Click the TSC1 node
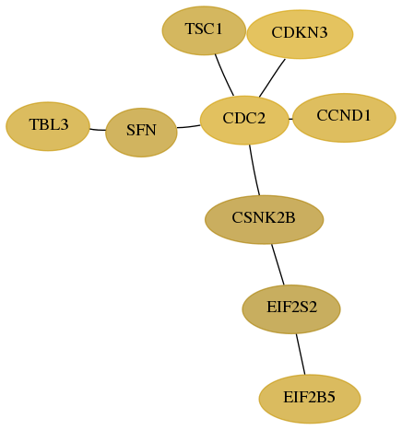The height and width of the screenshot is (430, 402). tap(204, 30)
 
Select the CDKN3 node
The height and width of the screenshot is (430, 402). tap(300, 34)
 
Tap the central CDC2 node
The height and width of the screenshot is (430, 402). tap(244, 120)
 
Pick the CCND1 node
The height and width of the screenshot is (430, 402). tap(344, 118)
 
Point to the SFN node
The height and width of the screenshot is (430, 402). tap(141, 133)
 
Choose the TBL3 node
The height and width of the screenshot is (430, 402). tap(48, 126)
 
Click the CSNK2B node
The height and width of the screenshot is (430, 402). tap(264, 219)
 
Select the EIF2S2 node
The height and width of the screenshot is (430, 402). tap(291, 309)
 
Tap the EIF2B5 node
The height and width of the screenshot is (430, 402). tap(309, 399)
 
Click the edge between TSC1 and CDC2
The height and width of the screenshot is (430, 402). tap(224, 76)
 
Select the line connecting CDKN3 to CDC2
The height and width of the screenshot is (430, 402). tap(272, 78)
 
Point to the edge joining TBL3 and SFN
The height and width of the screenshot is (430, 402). tap(98, 130)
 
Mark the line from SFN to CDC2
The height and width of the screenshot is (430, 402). tap(189, 127)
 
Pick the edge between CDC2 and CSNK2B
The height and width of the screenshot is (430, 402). tap(254, 170)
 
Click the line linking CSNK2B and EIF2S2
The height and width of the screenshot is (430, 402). tap(278, 264)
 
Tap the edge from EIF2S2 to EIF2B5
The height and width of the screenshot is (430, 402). tap(301, 354)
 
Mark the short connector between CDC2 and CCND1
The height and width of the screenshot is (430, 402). tap(290, 119)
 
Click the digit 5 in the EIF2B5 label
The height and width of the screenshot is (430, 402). tap(330, 397)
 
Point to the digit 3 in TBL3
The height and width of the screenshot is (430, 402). tap(65, 124)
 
